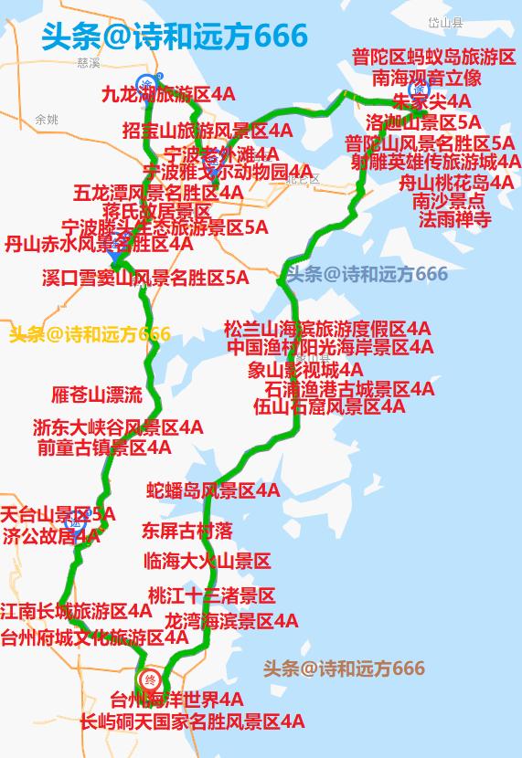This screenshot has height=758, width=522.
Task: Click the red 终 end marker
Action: pyautogui.click(x=151, y=679)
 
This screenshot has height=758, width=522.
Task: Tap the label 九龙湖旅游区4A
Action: pyautogui.click(x=167, y=94)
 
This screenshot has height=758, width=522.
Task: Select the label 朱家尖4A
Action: pyautogui.click(x=432, y=100)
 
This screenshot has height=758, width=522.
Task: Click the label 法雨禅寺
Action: pyautogui.click(x=455, y=219)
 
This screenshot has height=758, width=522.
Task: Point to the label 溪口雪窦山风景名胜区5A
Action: pyautogui.click(x=144, y=278)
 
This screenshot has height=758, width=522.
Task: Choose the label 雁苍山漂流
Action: pyautogui.click(x=97, y=395)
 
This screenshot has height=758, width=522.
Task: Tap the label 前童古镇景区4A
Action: pyautogui.click(x=104, y=447)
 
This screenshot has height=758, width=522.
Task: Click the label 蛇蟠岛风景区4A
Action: pyautogui.click(x=213, y=491)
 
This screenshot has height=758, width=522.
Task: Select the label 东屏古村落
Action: pyautogui.click(x=187, y=530)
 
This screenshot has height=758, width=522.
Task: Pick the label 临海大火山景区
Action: pyautogui.click(x=207, y=561)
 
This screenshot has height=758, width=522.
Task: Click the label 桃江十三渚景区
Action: pyautogui.click(x=211, y=596)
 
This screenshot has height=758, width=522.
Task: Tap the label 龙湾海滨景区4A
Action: pyautogui.click(x=230, y=621)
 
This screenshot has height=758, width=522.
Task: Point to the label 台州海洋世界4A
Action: pyautogui.click(x=176, y=700)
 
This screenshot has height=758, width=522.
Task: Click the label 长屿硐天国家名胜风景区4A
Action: pyautogui.click(x=192, y=721)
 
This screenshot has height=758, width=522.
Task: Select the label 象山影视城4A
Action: pyautogui.click(x=304, y=370)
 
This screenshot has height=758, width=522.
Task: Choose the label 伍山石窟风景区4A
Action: pyautogui.click(x=329, y=407)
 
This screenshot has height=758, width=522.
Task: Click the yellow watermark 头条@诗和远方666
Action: pyautogui.click(x=90, y=334)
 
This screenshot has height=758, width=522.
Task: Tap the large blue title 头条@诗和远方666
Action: pyautogui.click(x=175, y=37)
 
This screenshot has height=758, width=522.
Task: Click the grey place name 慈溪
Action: pyautogui.click(x=89, y=63)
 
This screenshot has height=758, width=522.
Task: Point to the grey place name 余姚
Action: pyautogui.click(x=46, y=120)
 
